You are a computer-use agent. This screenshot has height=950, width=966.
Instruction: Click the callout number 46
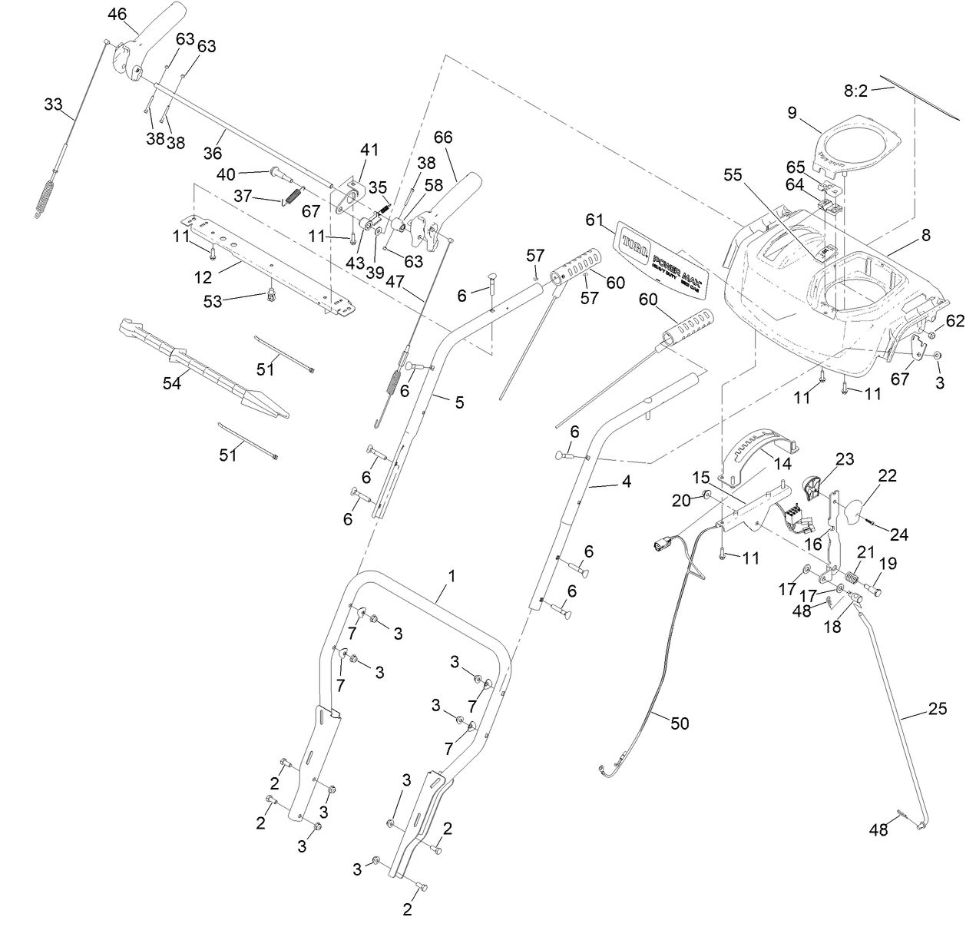[x=117, y=14]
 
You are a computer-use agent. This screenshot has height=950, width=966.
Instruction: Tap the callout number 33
[x=53, y=104]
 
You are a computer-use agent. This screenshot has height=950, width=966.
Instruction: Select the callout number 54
[x=171, y=382]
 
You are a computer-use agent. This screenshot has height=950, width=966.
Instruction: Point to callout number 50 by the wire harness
[x=680, y=723]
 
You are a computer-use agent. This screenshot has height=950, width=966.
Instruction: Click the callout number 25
[x=937, y=709]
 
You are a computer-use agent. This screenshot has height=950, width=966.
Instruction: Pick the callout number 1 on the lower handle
[x=452, y=575]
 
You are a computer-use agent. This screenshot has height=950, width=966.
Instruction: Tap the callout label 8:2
[x=855, y=91]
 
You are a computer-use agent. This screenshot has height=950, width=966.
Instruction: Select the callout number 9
[x=792, y=113]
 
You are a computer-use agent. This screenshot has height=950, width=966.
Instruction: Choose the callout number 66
[x=443, y=137]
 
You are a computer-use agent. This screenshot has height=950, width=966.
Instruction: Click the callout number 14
[x=782, y=464]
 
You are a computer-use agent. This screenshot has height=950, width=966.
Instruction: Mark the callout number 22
[x=887, y=476]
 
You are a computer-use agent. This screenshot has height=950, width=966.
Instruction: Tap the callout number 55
[x=733, y=175]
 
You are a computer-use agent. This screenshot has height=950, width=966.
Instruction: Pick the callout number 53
[x=212, y=302]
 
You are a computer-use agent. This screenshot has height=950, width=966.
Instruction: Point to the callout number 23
[x=844, y=459]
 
